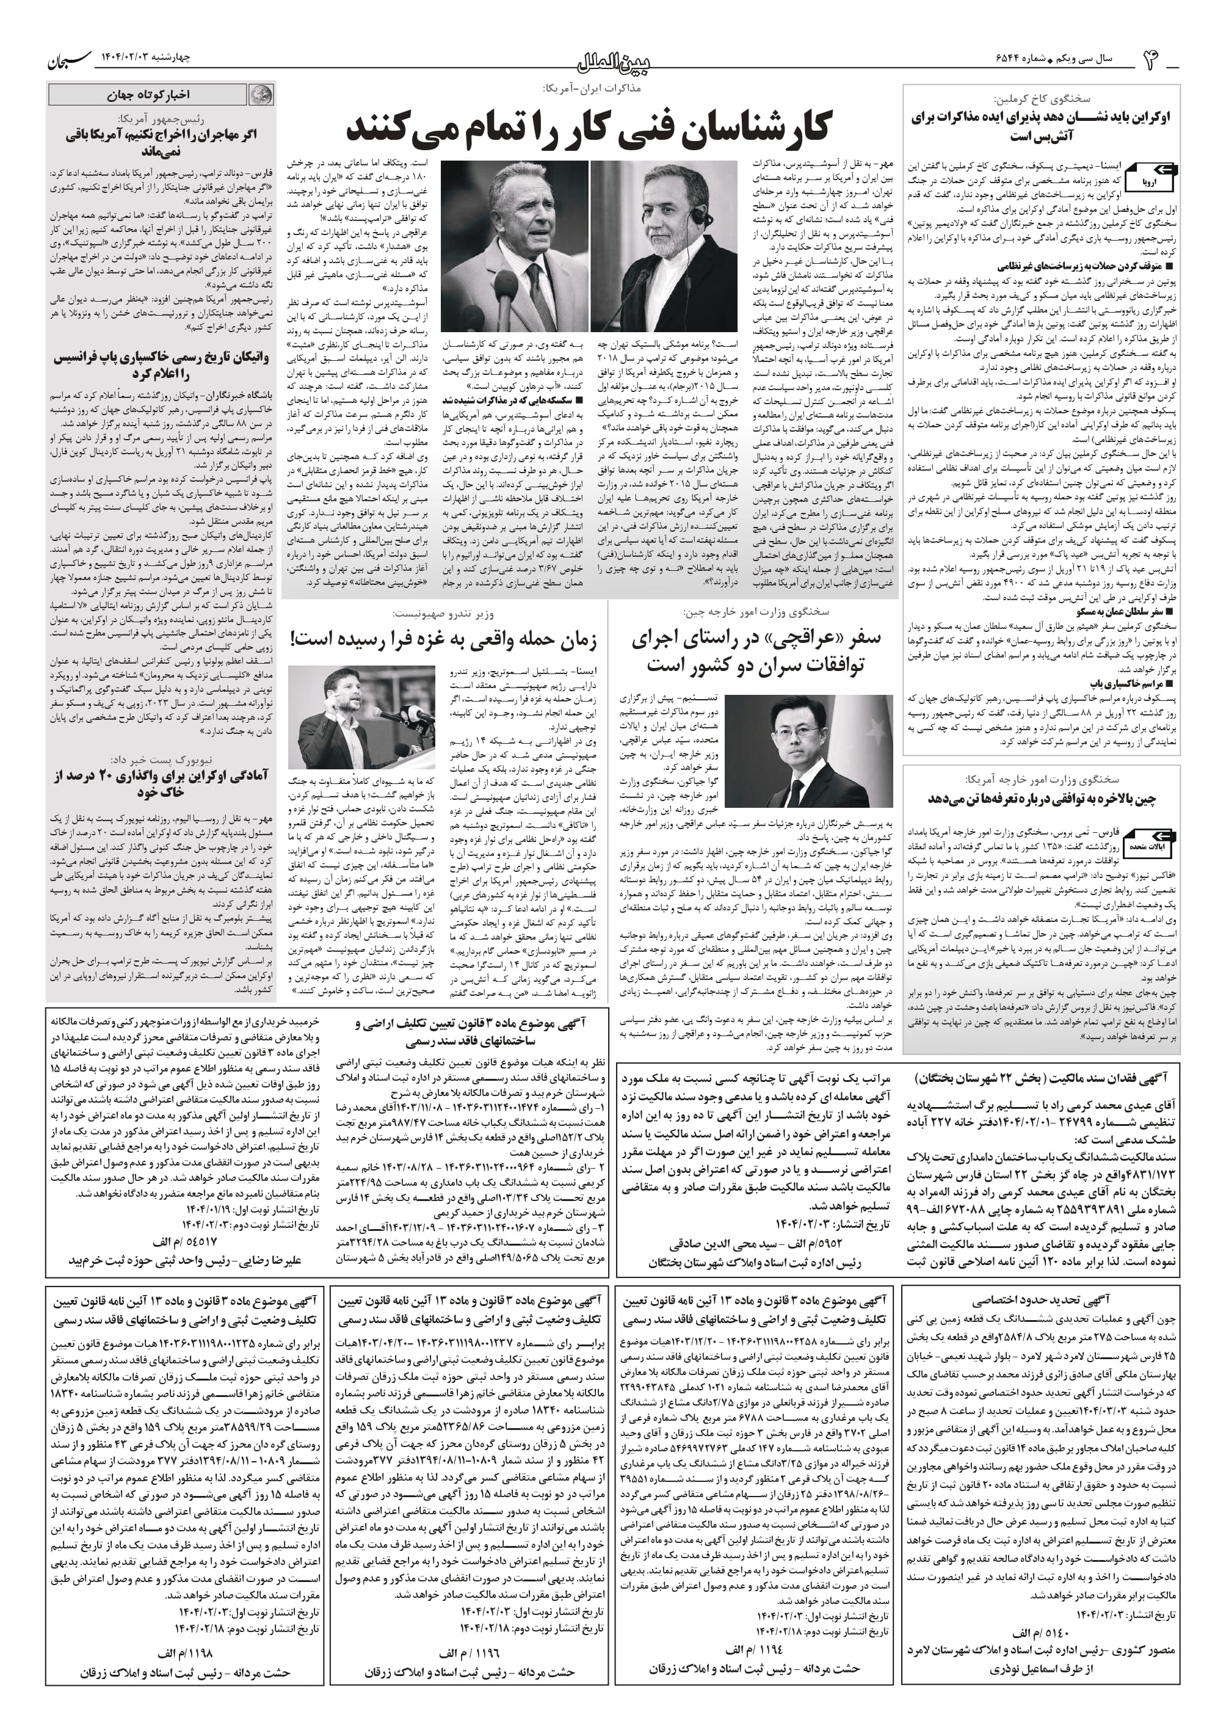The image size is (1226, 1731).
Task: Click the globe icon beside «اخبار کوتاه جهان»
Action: click(261, 95)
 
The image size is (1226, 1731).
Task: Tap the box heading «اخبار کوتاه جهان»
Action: click(147, 95)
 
